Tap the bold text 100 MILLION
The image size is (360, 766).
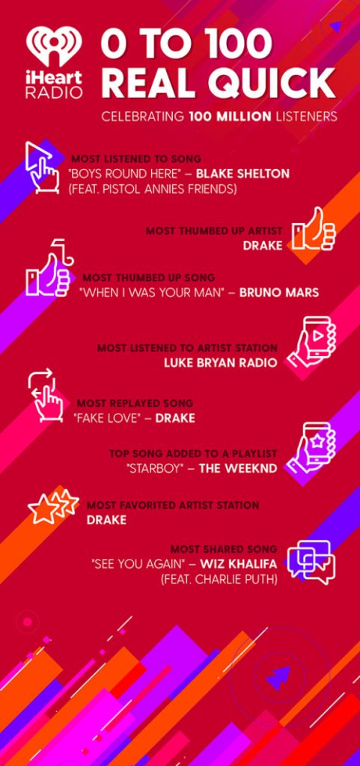(230, 117)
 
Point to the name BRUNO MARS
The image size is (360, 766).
(279, 292)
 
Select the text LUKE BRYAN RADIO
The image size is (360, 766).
(221, 363)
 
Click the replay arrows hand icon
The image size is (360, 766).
(46, 396)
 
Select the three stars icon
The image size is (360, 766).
(53, 506)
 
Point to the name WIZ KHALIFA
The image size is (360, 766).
(238, 564)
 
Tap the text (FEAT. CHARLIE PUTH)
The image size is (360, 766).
(219, 580)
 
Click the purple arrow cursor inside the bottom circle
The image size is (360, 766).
(278, 678)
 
